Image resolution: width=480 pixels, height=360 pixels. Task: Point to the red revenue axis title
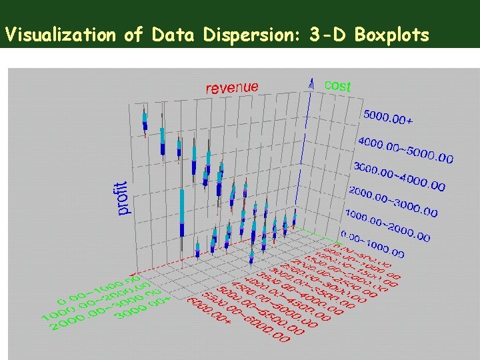tap(231, 87)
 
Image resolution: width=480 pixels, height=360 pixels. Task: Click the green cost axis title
tap(337, 85)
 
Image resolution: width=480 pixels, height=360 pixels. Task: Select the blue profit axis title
tap(122, 198)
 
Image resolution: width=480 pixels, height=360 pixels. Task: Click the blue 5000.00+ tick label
tap(388, 118)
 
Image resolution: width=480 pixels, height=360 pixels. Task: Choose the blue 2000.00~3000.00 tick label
tap(393, 201)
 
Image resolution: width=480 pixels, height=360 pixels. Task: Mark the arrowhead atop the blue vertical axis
tap(311, 82)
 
